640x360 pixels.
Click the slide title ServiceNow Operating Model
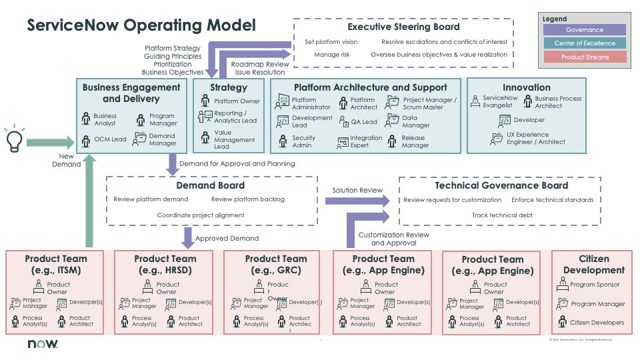point(141,26)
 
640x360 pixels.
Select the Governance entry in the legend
point(584,30)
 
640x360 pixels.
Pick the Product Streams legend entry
point(584,57)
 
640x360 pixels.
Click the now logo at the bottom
point(43,344)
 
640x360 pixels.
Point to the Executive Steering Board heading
point(403,27)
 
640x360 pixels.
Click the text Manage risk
point(327,55)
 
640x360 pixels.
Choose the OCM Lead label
point(110,139)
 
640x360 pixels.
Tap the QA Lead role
point(364,122)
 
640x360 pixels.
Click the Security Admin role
point(303,141)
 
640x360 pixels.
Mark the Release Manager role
point(415,141)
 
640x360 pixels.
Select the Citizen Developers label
point(597,323)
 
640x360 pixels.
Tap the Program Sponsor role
point(594,285)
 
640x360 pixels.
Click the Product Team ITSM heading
point(55,264)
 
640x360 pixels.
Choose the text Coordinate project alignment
point(201,215)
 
